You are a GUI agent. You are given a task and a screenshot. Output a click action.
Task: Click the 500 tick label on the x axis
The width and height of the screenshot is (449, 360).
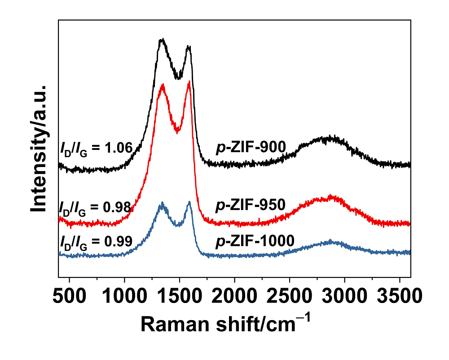[x=70, y=297]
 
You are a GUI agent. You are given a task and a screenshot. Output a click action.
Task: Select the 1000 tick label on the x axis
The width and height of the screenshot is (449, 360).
[x=124, y=297]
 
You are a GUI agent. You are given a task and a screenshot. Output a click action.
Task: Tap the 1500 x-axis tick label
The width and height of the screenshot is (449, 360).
[x=180, y=297]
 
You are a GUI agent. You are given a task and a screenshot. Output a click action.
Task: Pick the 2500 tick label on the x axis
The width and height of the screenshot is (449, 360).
[x=290, y=297]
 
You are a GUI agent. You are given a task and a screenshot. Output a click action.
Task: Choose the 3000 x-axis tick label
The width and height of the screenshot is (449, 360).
[x=345, y=297]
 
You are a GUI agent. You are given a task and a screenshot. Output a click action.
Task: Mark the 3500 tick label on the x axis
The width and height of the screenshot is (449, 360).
[x=400, y=297]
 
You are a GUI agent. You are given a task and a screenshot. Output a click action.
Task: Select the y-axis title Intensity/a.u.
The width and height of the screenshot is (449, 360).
[x=40, y=148]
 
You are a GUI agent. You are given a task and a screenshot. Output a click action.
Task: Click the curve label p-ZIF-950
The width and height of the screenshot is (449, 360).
[x=251, y=205]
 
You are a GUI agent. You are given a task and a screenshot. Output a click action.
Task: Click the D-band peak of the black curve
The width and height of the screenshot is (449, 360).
[x=162, y=40]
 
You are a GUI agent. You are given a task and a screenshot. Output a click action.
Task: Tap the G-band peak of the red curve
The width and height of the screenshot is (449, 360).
[x=189, y=81]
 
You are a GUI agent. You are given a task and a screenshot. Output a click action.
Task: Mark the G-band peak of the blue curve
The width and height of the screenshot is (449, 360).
[x=189, y=202]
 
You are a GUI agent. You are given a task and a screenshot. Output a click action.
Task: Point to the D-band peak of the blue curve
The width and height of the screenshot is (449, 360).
[x=162, y=203]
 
